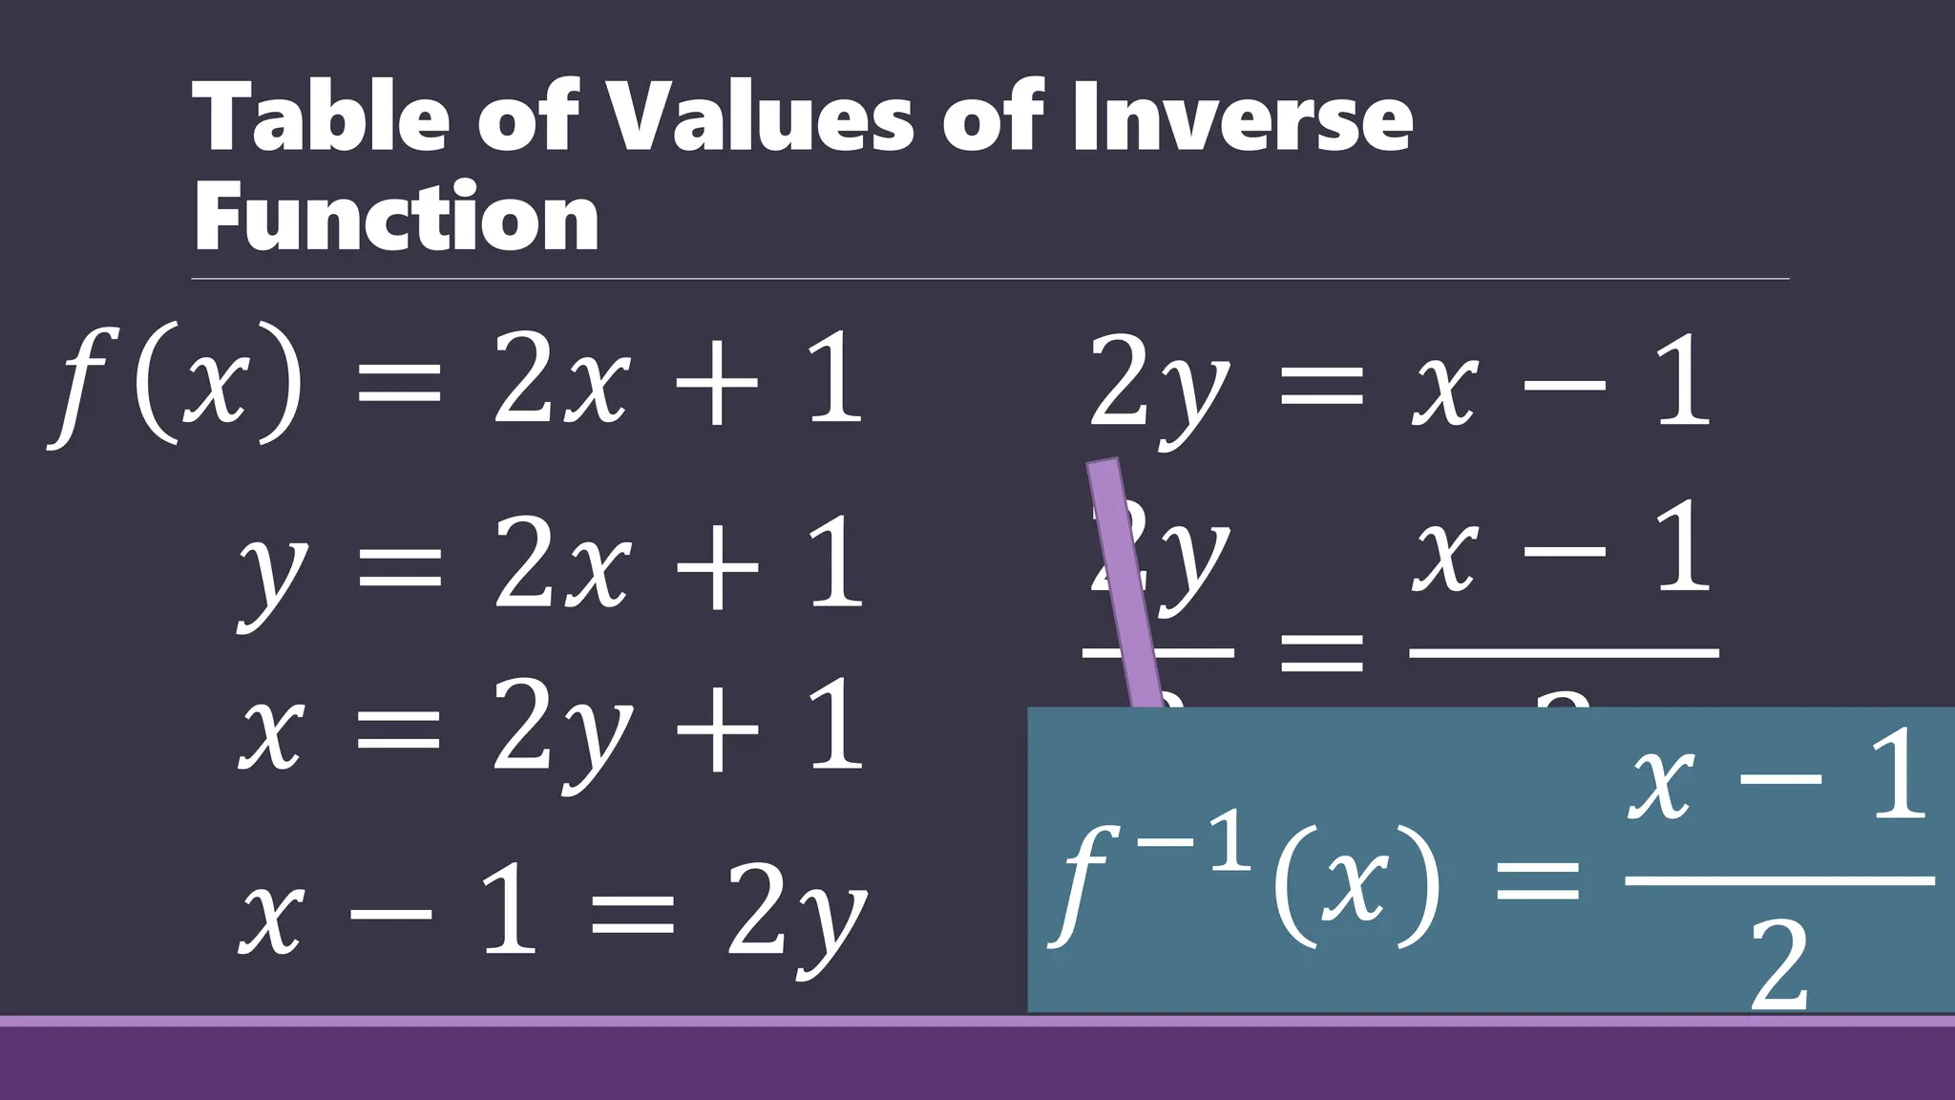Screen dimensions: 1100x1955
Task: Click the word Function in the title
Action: (396, 217)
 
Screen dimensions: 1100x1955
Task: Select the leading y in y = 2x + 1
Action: (273, 573)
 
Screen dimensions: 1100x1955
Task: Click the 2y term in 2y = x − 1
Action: (1160, 387)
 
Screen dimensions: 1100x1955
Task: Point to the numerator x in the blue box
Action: (1661, 783)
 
